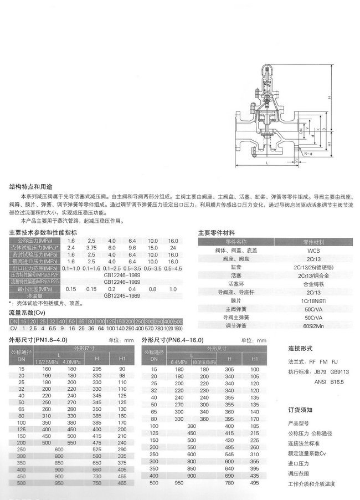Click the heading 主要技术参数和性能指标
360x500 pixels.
43,233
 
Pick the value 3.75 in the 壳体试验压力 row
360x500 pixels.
91,247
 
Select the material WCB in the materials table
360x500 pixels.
313,251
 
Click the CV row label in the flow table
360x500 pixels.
14,328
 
